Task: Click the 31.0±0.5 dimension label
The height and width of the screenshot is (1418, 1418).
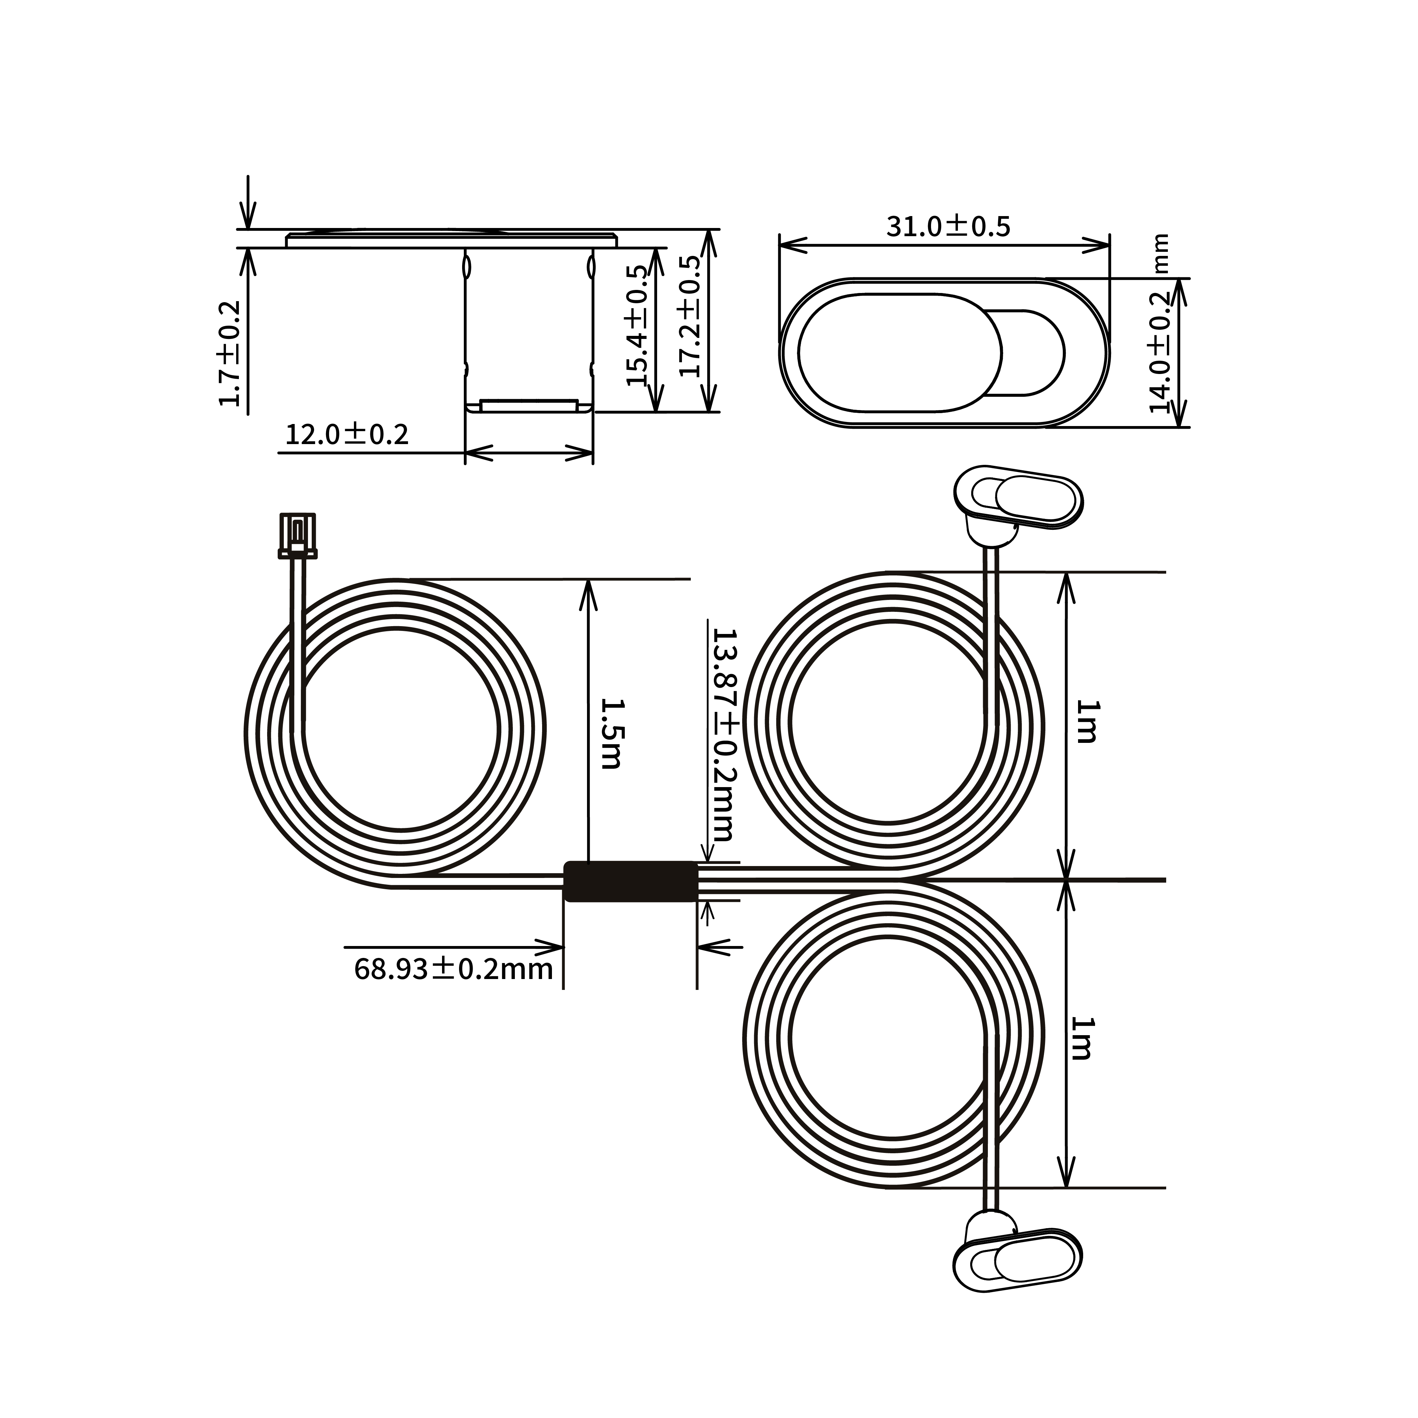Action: pyautogui.click(x=947, y=226)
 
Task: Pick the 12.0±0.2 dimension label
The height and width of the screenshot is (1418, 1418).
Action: pyautogui.click(x=346, y=435)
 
